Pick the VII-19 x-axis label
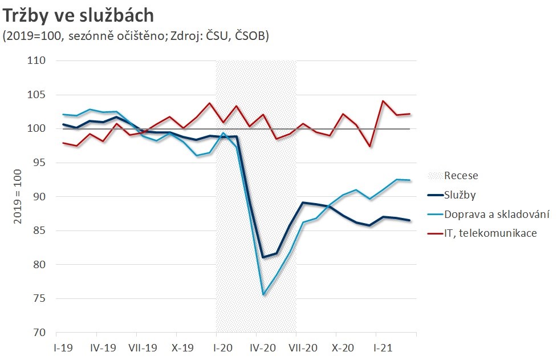[143, 347]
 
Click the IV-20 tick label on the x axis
[263, 347]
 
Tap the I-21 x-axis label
[383, 347]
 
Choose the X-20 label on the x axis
[343, 347]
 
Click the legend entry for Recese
[461, 176]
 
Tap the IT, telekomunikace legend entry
[482, 233]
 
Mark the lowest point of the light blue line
[263, 295]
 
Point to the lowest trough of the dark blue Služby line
[263, 257]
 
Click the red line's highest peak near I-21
[383, 101]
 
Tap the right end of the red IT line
[410, 114]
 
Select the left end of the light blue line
[63, 115]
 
